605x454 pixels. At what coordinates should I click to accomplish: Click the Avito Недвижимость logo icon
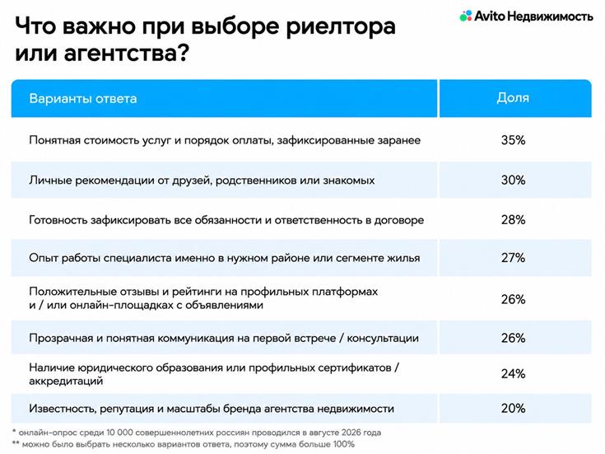click(466, 16)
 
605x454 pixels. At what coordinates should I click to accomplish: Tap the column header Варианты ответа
click(83, 99)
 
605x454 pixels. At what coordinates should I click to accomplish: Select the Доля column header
click(513, 98)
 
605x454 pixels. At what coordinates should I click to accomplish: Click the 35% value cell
click(513, 140)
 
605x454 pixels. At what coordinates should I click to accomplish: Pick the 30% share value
click(513, 180)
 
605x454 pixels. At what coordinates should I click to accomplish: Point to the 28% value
click(513, 220)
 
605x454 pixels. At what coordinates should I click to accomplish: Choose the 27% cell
click(513, 258)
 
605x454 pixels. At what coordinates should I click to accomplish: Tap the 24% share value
click(513, 373)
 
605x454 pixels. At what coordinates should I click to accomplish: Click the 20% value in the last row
click(513, 408)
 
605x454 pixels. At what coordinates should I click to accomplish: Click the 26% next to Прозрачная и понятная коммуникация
click(513, 338)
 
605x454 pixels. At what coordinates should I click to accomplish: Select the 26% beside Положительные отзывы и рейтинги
click(513, 299)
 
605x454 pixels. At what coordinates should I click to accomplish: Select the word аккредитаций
click(66, 381)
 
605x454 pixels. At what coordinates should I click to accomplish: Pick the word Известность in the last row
click(63, 409)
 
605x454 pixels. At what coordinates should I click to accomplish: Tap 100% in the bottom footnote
click(343, 444)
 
